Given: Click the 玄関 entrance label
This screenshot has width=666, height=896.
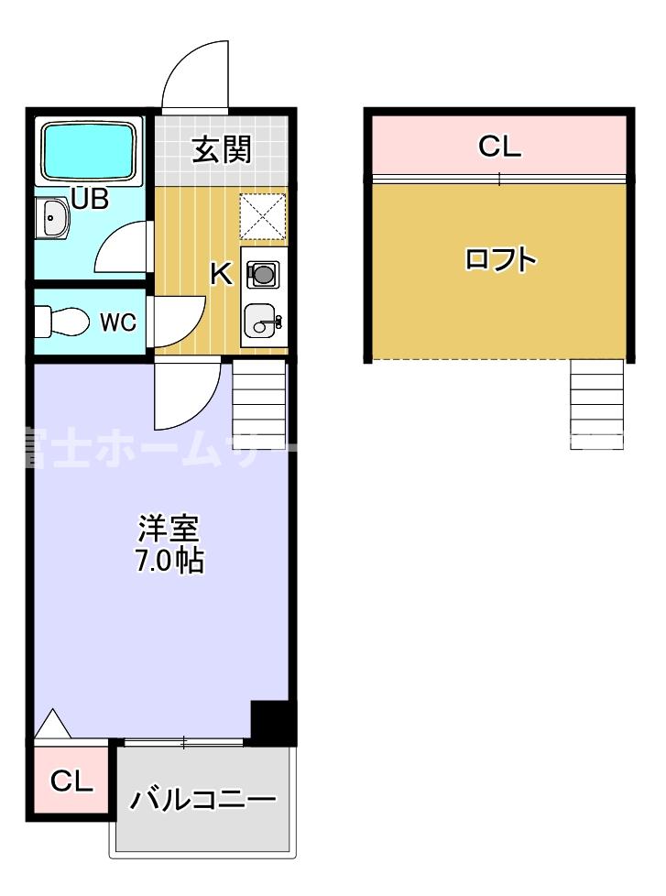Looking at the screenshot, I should pyautogui.click(x=221, y=149).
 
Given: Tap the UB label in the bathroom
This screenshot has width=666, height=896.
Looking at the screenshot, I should pyautogui.click(x=90, y=199).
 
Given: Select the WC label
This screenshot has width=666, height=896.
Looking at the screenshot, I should pyautogui.click(x=118, y=322).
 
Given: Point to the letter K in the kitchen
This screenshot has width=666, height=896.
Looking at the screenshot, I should pyautogui.click(x=221, y=274).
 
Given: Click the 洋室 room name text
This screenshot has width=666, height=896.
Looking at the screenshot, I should pyautogui.click(x=169, y=530).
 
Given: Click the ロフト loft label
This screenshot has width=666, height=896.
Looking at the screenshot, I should pyautogui.click(x=499, y=260).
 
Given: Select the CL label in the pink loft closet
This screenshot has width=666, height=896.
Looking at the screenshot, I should pyautogui.click(x=499, y=146).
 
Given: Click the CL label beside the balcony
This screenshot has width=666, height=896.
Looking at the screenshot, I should pyautogui.click(x=71, y=782).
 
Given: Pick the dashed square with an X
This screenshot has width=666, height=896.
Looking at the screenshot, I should pyautogui.click(x=264, y=215).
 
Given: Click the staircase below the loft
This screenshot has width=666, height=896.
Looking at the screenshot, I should pyautogui.click(x=597, y=401).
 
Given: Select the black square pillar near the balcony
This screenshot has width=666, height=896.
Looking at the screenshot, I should pyautogui.click(x=272, y=721).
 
